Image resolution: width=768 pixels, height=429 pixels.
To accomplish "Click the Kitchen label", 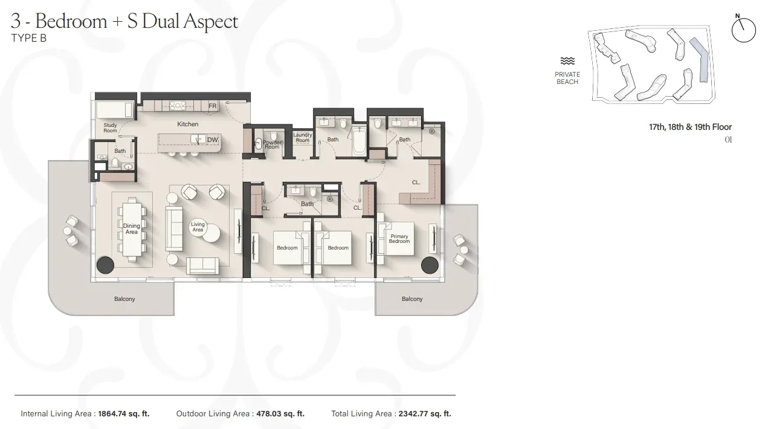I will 187,124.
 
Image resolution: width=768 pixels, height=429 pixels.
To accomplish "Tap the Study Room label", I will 110,128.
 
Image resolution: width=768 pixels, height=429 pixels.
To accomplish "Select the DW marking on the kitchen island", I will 212,140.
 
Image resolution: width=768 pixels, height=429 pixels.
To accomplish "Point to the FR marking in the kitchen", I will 212,106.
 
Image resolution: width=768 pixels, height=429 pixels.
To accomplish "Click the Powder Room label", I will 273,144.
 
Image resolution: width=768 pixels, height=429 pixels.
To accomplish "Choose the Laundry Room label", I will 302,138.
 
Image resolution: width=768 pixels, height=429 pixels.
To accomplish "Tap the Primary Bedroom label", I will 399,239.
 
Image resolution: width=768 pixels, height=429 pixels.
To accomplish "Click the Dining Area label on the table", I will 131,229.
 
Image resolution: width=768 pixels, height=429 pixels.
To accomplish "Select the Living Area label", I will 198,227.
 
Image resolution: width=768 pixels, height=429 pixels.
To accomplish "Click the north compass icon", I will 743,29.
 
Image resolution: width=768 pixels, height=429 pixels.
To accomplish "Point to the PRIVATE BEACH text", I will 567,78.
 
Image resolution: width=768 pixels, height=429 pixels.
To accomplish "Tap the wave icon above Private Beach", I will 567,61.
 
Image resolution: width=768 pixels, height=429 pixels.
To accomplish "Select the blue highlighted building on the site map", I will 702,60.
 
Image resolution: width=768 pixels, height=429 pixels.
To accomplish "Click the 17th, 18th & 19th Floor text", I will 690,127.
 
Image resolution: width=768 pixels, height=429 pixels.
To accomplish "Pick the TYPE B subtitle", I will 29,37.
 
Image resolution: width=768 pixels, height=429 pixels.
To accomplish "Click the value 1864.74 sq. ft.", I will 123,414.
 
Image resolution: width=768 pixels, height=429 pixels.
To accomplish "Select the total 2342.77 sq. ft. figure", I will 425,414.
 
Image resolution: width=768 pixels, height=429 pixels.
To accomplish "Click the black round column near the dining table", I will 106,265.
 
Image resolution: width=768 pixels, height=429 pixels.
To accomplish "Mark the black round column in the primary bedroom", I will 430,265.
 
